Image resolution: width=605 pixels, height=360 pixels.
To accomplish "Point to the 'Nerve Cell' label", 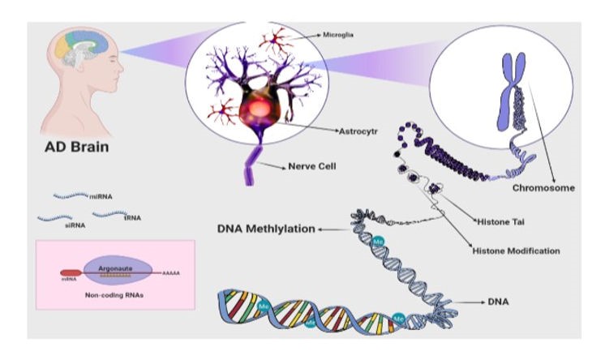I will tap(311, 167).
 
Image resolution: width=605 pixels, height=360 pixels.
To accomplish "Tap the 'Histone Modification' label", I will tap(516, 251).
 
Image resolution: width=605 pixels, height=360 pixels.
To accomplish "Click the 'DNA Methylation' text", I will tap(265, 229).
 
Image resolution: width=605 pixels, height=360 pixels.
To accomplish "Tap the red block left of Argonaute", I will tap(70, 273).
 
